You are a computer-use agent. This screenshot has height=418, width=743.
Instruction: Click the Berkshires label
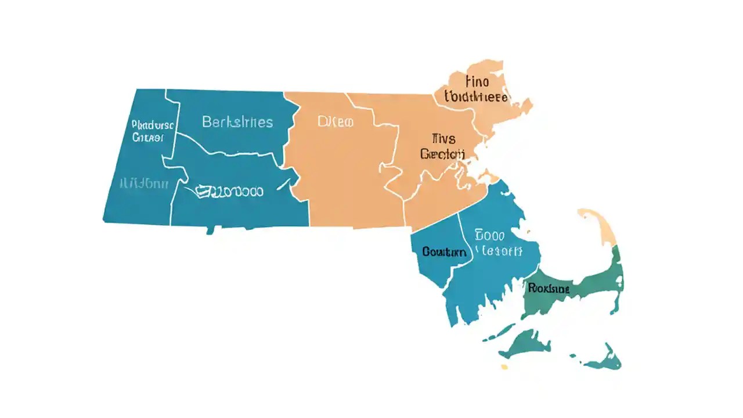point(237,122)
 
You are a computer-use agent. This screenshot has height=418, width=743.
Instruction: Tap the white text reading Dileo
point(336,122)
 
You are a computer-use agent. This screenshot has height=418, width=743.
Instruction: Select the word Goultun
point(444,252)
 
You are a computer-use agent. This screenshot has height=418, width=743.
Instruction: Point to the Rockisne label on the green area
point(549,289)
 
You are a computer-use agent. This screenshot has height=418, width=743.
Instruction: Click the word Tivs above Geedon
point(444,139)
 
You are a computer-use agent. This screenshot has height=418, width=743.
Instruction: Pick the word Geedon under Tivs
point(442,154)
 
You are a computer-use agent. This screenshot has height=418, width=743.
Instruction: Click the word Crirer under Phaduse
point(148,138)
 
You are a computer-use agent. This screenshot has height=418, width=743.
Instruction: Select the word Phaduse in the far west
point(152,124)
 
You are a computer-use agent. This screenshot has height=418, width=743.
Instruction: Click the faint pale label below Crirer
point(143,184)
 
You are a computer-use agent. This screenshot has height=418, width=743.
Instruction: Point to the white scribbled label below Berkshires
point(229,191)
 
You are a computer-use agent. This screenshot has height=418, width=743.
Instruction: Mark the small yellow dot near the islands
point(504,367)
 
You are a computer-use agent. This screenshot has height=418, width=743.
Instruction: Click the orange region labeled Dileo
point(348,168)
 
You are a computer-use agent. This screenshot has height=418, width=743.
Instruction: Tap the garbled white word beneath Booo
point(499,251)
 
